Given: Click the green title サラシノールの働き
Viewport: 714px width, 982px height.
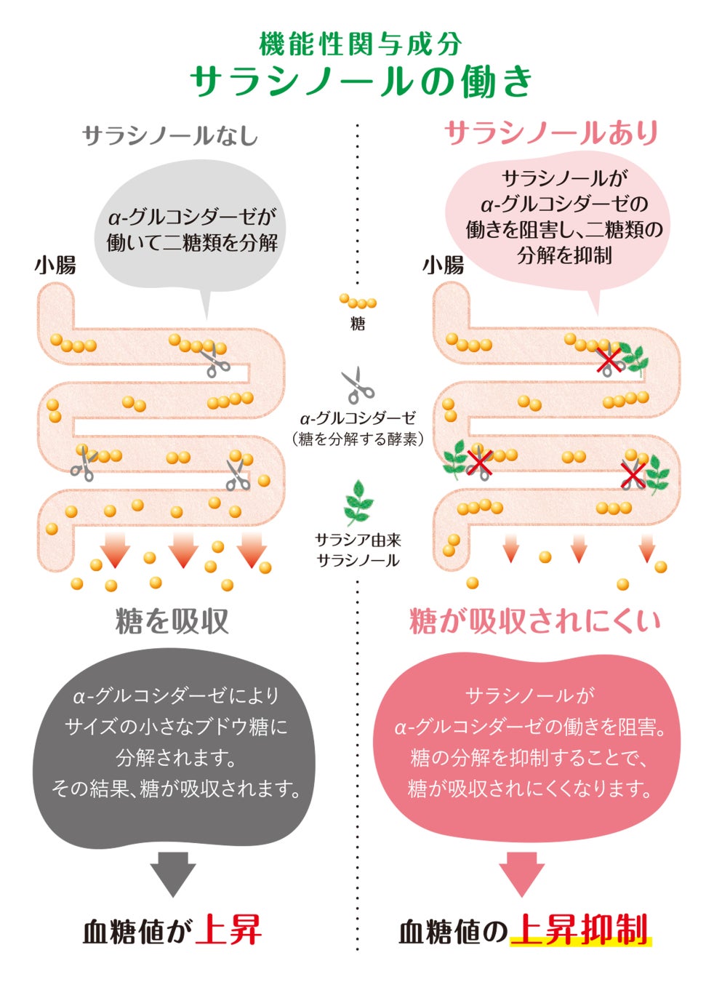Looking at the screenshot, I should pyautogui.click(x=361, y=81).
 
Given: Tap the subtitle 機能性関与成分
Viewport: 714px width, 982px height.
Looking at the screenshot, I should pyautogui.click(x=361, y=44).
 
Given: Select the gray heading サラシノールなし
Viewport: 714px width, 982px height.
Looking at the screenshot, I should pyautogui.click(x=170, y=136).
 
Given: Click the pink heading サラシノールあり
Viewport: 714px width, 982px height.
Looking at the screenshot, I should pyautogui.click(x=551, y=133).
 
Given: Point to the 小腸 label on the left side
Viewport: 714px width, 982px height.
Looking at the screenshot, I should pyautogui.click(x=55, y=265).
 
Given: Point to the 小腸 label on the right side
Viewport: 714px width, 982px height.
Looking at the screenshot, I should pyautogui.click(x=443, y=265).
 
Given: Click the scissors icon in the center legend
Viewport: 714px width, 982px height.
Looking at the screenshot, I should pyautogui.click(x=358, y=385).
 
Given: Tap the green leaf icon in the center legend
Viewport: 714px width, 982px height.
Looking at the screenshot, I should pyautogui.click(x=357, y=501).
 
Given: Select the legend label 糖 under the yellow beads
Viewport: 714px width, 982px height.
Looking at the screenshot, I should pyautogui.click(x=358, y=324).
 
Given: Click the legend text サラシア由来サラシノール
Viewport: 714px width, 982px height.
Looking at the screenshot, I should pyautogui.click(x=358, y=550).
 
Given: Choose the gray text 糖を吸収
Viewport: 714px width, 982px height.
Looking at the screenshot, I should pyautogui.click(x=172, y=621).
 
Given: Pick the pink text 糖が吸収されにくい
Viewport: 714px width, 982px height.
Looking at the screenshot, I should pyautogui.click(x=535, y=621).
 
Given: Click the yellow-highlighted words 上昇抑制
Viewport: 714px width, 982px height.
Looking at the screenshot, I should pyautogui.click(x=579, y=930).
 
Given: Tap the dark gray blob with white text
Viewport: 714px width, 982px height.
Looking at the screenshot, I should pyautogui.click(x=175, y=749).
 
